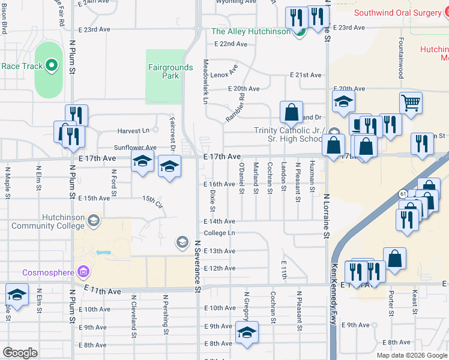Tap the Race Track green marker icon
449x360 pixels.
[52, 65]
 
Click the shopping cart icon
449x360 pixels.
[411, 103]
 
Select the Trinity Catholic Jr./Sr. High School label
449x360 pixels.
[289, 135]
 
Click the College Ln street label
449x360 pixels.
[219, 233]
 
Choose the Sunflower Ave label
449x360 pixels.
[135, 148]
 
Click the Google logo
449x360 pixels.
[20, 353]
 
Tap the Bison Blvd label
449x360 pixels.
[4, 20]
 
